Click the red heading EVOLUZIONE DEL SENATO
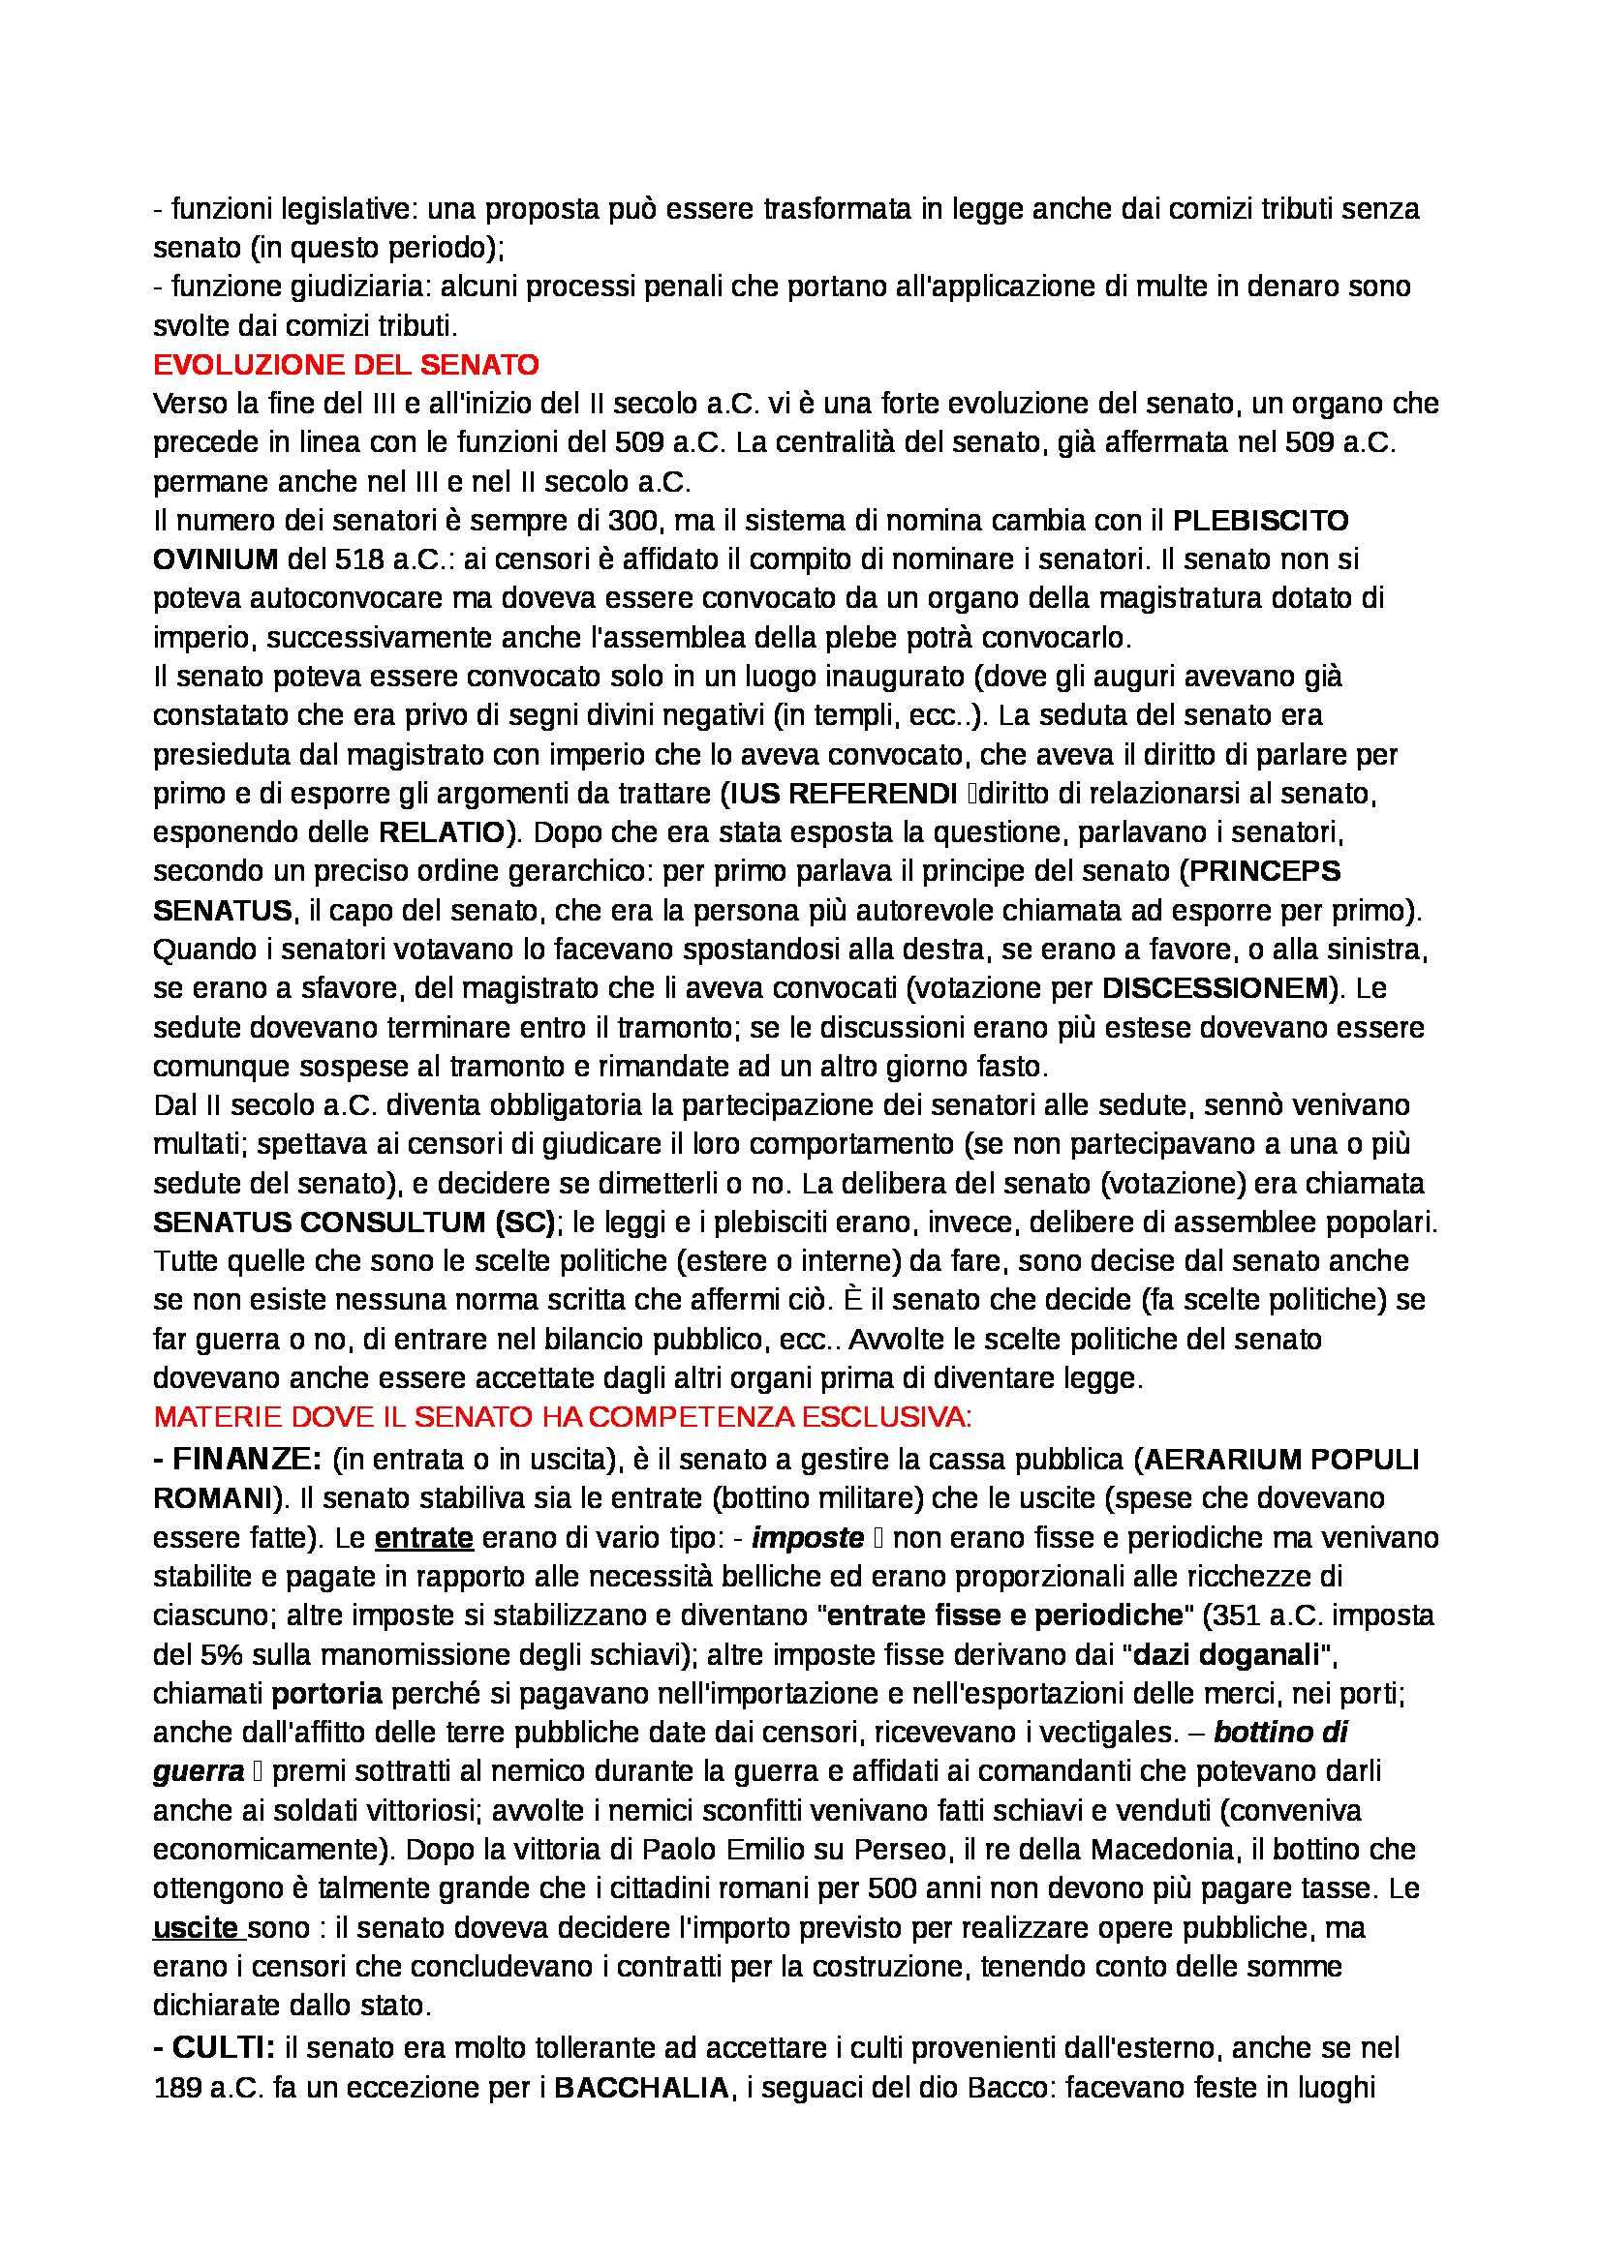(346, 366)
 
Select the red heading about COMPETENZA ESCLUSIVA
(564, 1418)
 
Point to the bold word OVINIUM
(216, 560)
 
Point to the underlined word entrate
(424, 1537)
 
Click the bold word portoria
(326, 1694)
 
